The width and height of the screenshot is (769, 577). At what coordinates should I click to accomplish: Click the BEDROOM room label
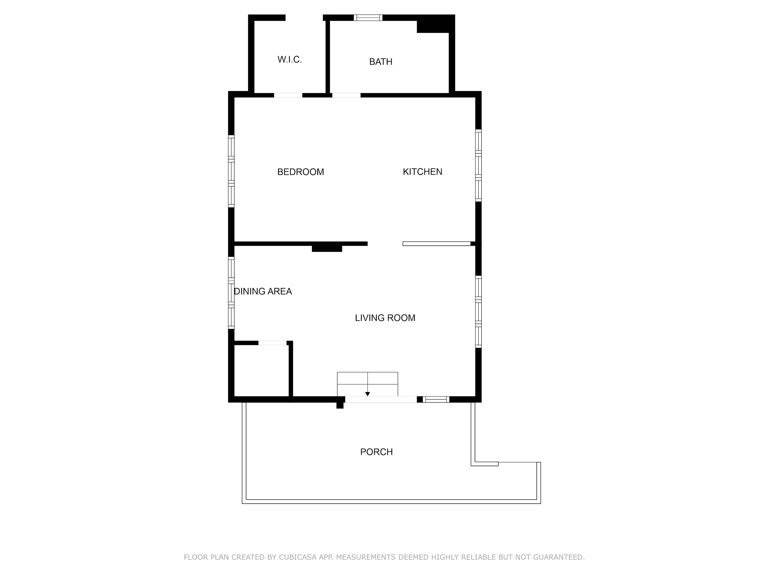pos(300,172)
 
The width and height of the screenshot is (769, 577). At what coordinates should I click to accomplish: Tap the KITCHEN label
pos(422,172)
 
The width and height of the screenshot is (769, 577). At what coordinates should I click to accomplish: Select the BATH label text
pos(381,62)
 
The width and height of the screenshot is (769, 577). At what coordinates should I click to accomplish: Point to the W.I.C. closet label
pos(290,59)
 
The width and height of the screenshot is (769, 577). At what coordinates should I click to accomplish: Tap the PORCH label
pos(376,452)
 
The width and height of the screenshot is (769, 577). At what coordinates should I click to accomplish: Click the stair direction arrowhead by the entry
pos(368,394)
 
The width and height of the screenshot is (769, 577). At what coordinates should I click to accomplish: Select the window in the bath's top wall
pos(368,18)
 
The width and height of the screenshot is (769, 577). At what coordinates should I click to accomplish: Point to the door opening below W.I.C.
pos(288,95)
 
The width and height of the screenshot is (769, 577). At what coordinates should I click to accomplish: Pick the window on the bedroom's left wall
pos(231,171)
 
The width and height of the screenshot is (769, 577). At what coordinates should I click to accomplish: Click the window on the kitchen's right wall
pos(478,166)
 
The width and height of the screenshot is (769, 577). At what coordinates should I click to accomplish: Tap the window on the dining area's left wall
pos(231,293)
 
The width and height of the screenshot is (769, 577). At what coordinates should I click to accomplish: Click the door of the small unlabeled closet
pos(272,343)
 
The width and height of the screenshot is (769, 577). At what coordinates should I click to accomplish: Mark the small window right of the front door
pos(436,399)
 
